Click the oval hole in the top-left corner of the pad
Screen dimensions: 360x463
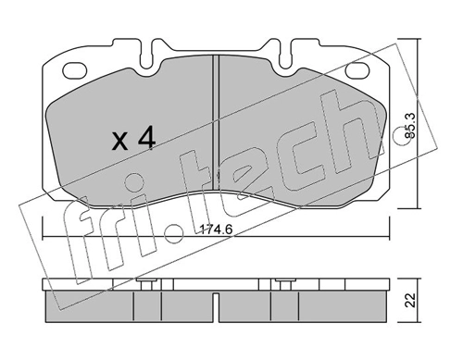tap(73, 69)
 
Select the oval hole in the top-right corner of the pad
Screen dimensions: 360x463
tap(355, 69)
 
